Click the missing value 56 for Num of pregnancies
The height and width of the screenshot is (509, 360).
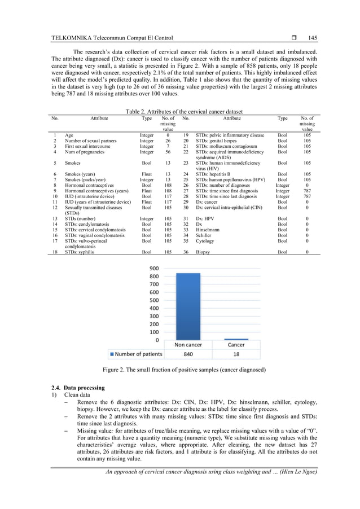[168, 152]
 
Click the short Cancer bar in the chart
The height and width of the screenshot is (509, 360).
[235, 339]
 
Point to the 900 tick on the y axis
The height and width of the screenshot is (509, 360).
[153, 269]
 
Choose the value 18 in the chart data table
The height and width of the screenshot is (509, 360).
[235, 354]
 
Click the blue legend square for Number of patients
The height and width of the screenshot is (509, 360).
[112, 354]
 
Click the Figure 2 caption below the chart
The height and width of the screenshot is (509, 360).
[180, 370]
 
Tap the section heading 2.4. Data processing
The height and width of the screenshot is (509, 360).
[77, 389]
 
